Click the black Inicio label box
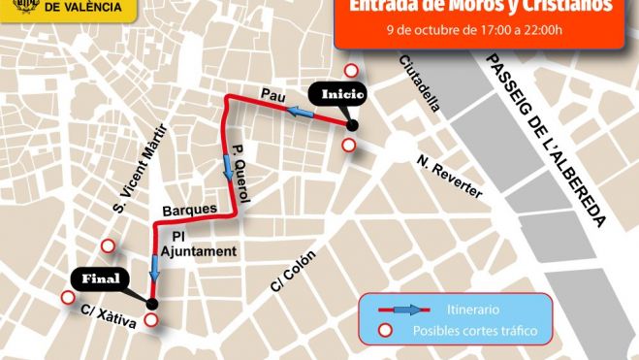(x=338, y=95)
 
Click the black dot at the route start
(x=352, y=125)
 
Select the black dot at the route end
(x=151, y=304)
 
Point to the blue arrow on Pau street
(x=302, y=115)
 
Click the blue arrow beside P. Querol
(x=228, y=172)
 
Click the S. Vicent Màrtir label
(x=141, y=167)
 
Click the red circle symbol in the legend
(x=385, y=331)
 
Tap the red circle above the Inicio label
(x=353, y=71)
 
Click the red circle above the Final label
(x=109, y=246)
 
